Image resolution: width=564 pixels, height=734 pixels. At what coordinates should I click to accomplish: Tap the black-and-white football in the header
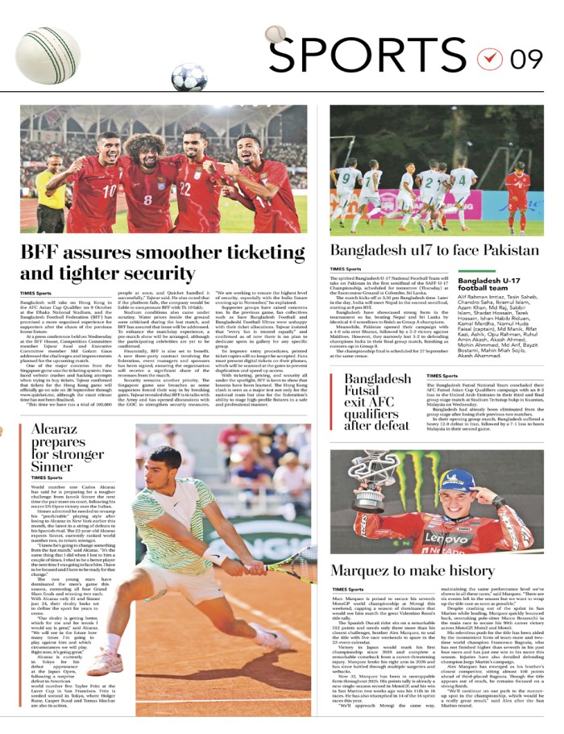coord(189,77)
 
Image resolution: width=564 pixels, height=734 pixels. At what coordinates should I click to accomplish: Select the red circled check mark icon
coord(488,59)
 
